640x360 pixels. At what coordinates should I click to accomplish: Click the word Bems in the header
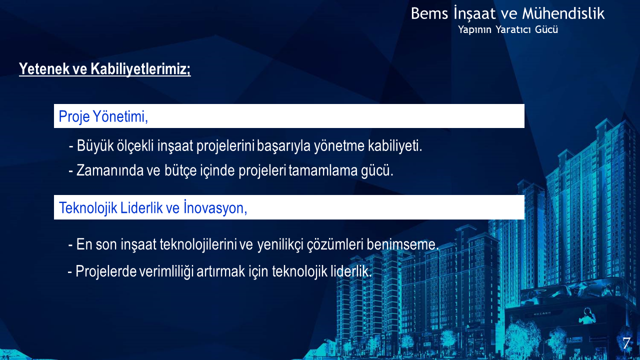[429, 13]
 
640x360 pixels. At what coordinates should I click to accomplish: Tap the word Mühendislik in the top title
[563, 13]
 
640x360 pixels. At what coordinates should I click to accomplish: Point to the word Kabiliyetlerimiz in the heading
[140, 69]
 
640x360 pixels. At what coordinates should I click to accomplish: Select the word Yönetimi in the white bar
[120, 116]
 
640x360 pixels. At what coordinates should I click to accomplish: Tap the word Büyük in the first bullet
[95, 145]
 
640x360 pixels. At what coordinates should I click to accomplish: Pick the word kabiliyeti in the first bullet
[395, 145]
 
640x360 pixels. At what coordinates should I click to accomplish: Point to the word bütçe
[180, 171]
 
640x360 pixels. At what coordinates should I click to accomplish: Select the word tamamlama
[323, 170]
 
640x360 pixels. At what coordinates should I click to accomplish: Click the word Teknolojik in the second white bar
[88, 207]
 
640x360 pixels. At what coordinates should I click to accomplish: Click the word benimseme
[402, 244]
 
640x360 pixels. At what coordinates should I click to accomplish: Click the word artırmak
[221, 271]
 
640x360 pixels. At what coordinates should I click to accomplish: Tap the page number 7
[626, 343]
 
